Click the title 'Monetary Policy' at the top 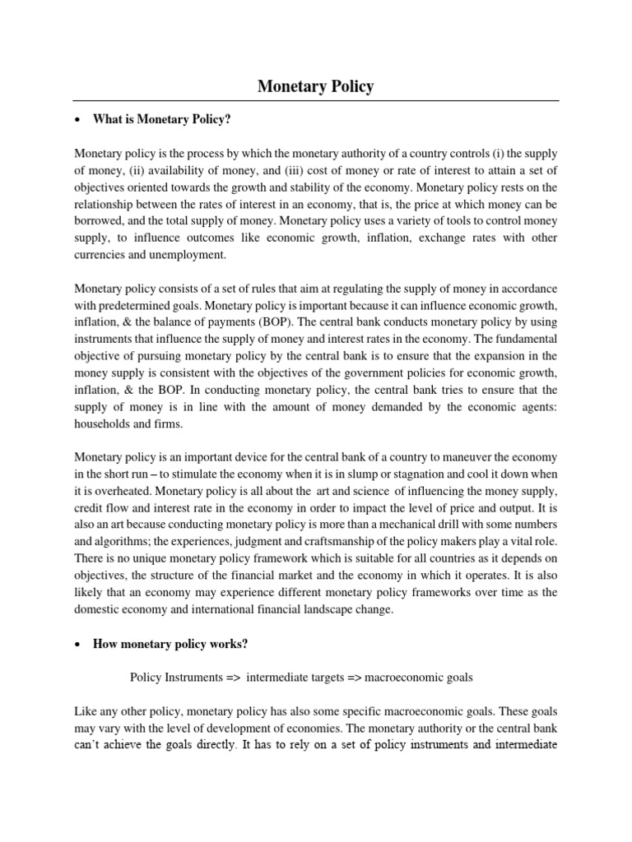point(316,86)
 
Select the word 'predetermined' point(127,306)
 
